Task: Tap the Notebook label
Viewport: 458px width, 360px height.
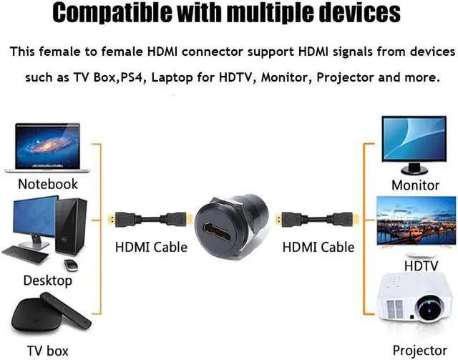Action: coord(48,184)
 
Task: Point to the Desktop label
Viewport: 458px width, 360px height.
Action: coord(48,280)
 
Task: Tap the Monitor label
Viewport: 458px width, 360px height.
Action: coord(415,185)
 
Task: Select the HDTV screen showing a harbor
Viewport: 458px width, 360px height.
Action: coord(416,222)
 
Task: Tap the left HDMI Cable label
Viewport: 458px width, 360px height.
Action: coord(151,247)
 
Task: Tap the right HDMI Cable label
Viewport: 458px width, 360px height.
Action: coord(318,247)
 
